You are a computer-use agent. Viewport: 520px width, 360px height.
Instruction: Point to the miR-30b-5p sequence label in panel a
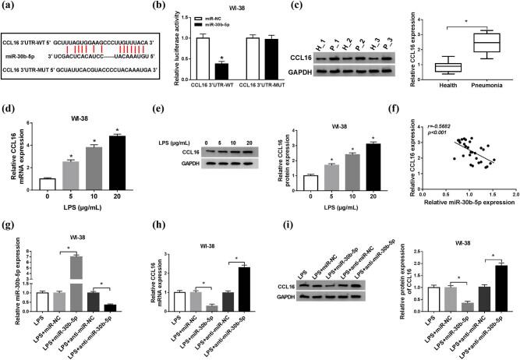pos(19,56)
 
